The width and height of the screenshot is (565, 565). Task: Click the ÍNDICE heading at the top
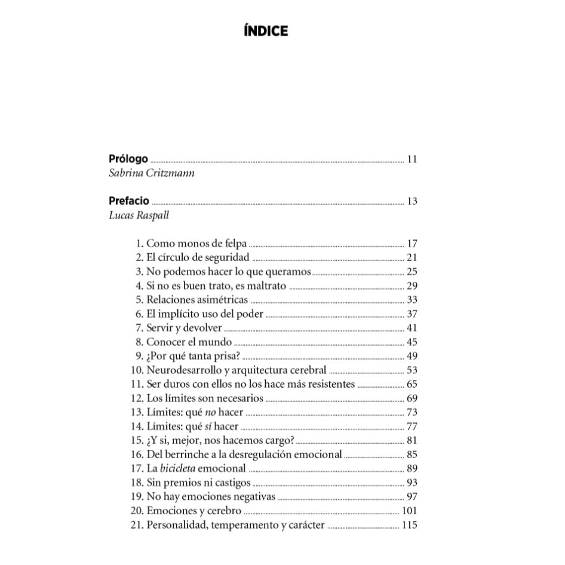(x=266, y=31)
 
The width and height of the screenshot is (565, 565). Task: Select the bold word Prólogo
(x=128, y=159)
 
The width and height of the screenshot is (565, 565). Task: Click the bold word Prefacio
(x=129, y=201)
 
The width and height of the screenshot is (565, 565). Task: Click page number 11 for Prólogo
(x=412, y=159)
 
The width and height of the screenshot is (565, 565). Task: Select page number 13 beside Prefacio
(x=412, y=201)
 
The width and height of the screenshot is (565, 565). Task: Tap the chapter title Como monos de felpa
(x=196, y=243)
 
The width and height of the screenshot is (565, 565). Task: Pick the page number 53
(x=412, y=370)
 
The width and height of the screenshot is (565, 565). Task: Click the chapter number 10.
(x=137, y=370)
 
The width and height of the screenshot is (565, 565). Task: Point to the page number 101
(x=409, y=511)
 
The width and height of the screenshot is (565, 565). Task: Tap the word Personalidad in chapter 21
(x=176, y=526)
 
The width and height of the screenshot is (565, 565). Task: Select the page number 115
(x=409, y=526)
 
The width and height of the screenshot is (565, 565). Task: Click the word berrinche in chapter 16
(x=188, y=455)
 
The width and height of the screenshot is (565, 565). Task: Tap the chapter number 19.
(x=137, y=498)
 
